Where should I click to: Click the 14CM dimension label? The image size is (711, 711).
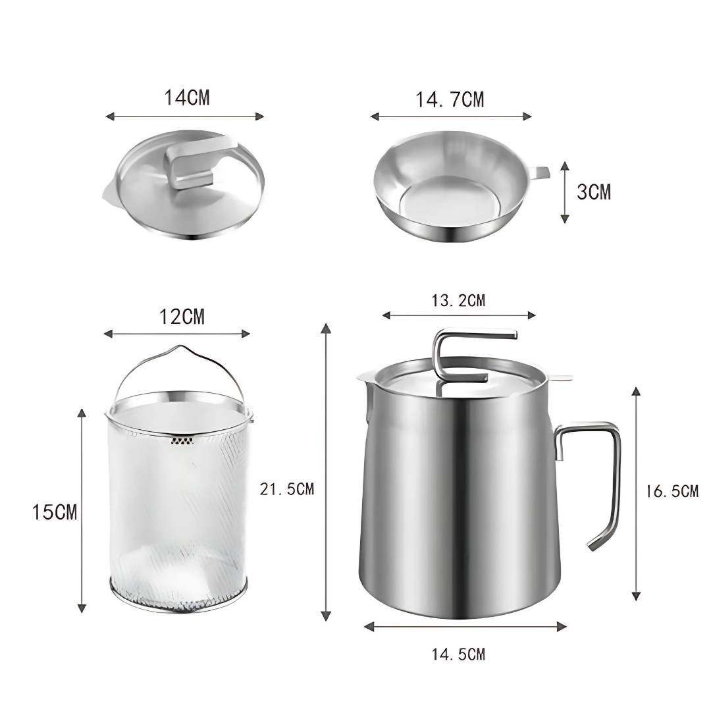187,97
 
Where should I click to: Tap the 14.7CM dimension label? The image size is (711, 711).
450,99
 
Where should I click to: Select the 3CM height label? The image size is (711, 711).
594,192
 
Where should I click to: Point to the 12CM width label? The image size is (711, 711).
182,317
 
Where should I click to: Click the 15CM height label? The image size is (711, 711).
55,512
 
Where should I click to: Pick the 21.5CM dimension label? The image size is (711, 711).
286,488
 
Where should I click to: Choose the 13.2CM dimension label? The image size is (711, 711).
458,300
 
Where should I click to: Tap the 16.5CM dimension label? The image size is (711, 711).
672,491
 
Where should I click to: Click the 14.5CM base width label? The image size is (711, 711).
458,654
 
